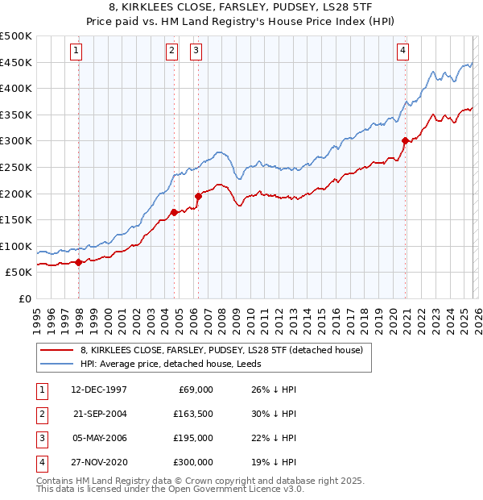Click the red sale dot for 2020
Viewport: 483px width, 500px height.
click(405, 140)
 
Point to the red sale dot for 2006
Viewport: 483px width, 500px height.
click(198, 195)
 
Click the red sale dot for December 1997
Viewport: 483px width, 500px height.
click(78, 262)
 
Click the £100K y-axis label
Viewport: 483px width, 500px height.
click(16, 246)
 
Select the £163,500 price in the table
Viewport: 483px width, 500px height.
click(193, 414)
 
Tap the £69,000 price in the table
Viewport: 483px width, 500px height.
click(196, 390)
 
